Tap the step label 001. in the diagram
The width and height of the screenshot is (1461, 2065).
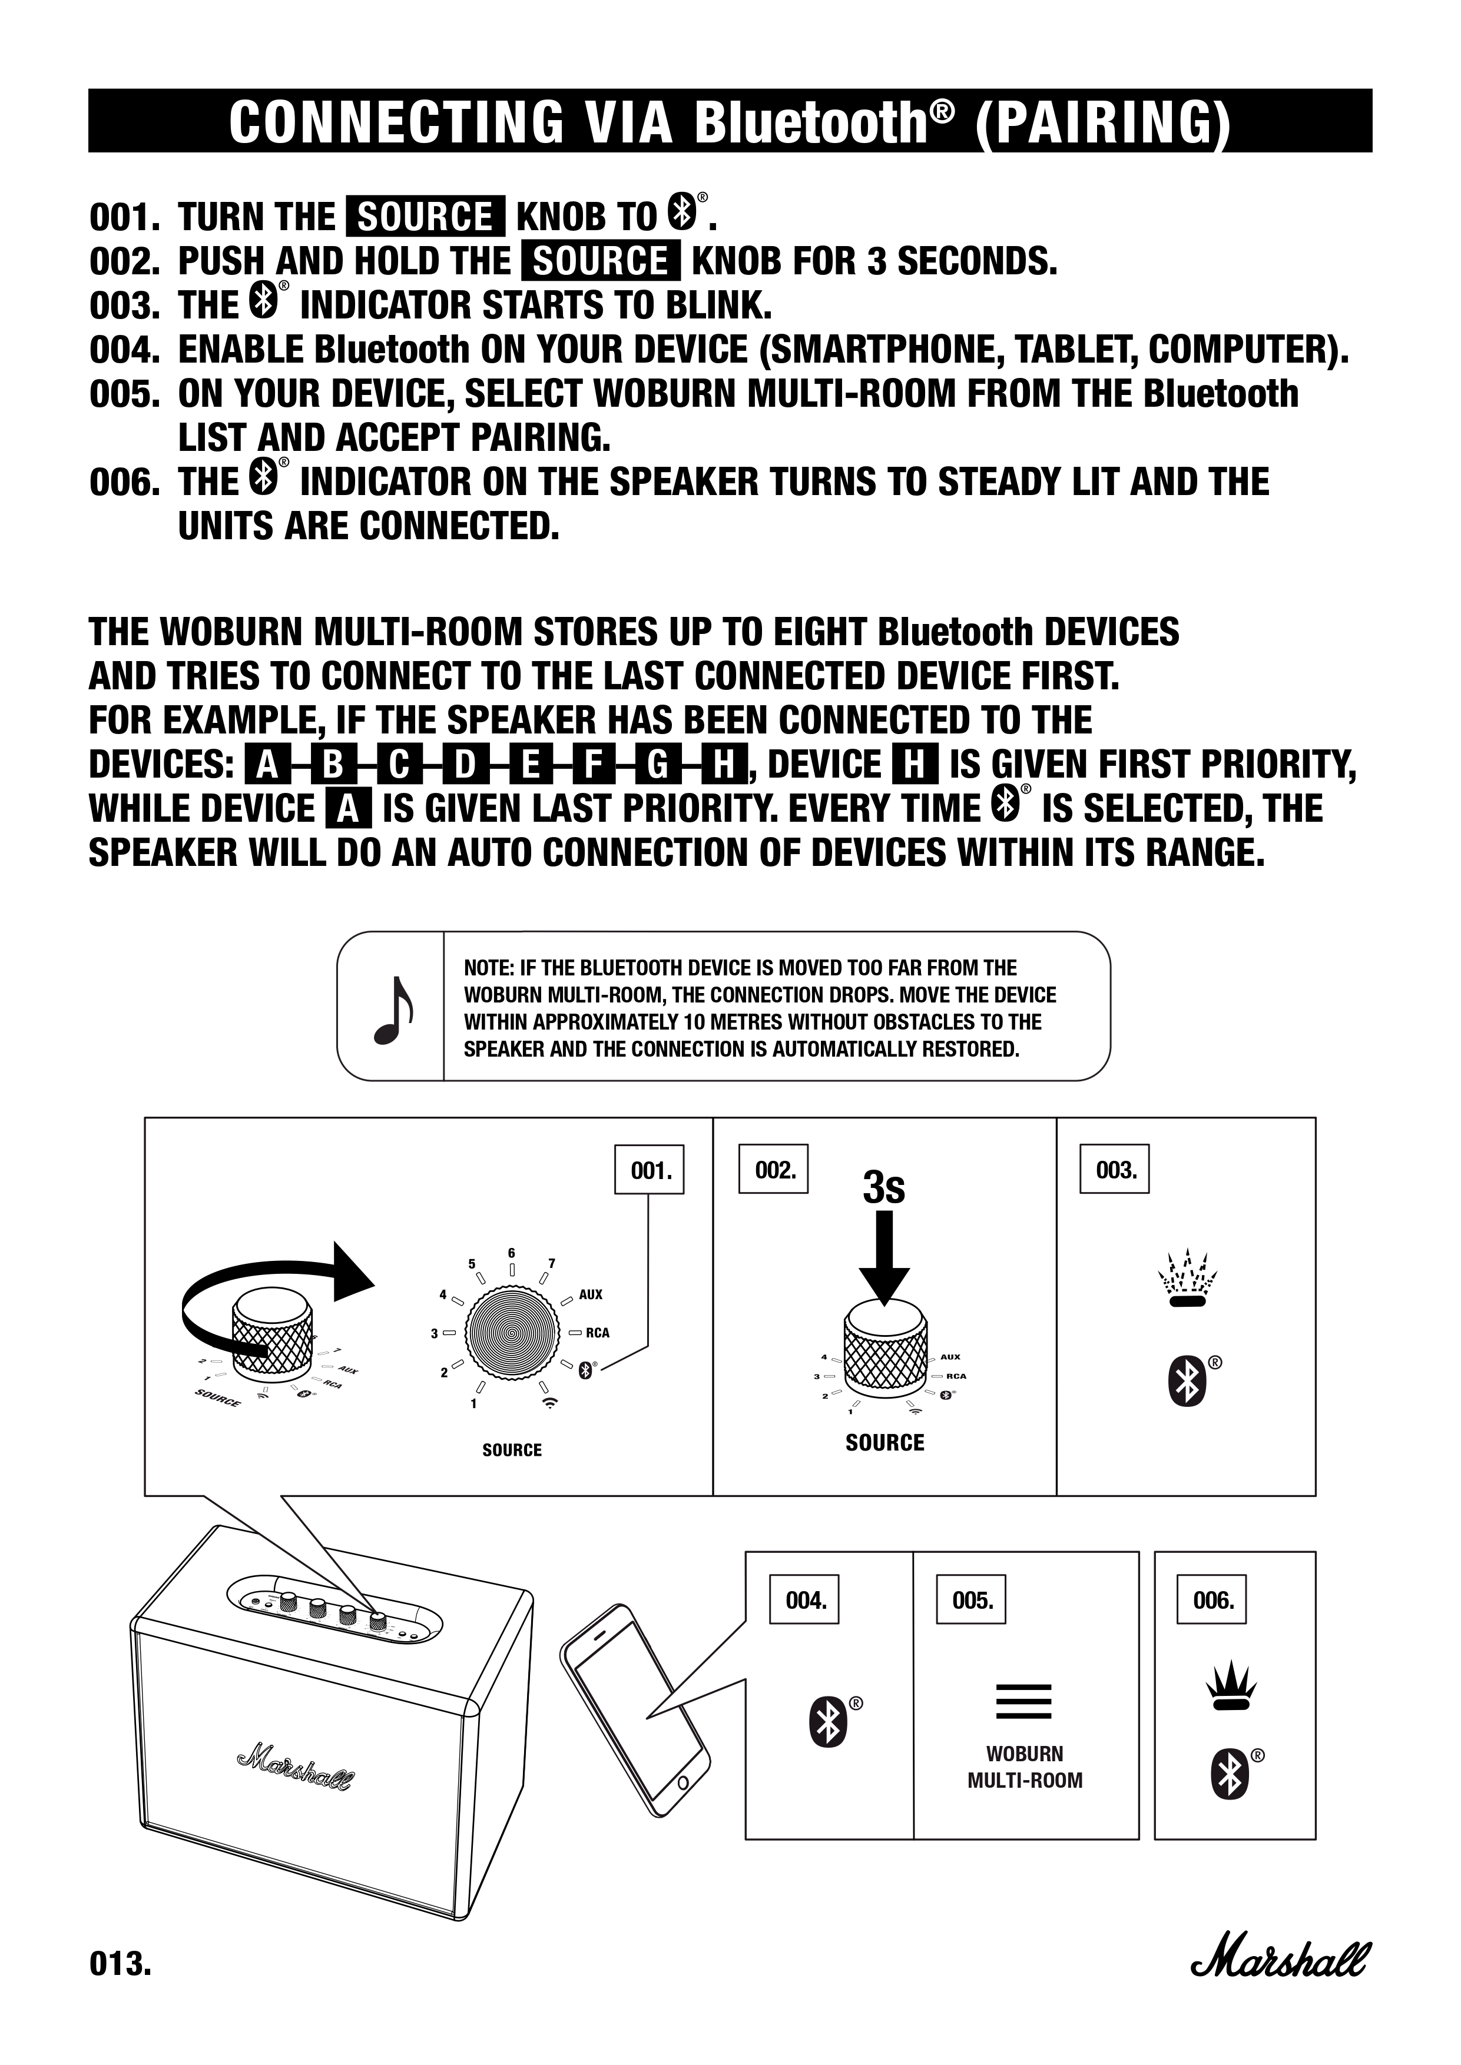click(650, 1170)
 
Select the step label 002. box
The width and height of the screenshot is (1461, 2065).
click(774, 1170)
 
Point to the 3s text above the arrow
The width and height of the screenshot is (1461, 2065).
click(883, 1187)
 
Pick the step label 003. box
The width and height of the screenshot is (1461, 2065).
click(1115, 1170)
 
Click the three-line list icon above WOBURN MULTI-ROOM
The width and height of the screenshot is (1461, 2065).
click(1024, 1700)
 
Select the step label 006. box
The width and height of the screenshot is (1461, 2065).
click(1212, 1600)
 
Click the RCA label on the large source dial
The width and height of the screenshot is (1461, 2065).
click(597, 1333)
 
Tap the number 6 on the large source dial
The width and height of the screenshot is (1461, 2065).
click(511, 1253)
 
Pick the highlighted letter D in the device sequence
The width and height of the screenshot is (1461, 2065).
click(464, 765)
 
